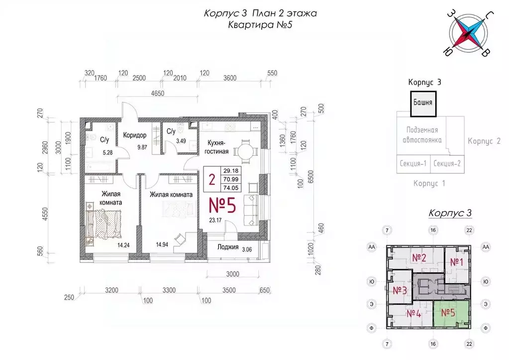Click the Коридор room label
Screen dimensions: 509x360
(135, 135)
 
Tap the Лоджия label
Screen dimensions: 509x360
(228, 247)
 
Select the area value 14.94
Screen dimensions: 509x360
(162, 244)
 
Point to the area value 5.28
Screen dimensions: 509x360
(107, 152)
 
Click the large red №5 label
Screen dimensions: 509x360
(222, 205)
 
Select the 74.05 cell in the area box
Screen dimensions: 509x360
(231, 188)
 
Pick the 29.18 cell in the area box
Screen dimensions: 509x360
(231, 171)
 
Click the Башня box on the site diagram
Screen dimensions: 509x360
(423, 104)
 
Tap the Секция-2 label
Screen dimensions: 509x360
(447, 163)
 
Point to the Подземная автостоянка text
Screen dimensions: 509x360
(422, 135)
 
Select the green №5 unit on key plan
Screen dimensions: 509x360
(451, 314)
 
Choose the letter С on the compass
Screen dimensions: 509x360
(490, 15)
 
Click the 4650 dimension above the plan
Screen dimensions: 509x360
(158, 93)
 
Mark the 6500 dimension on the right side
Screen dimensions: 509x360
(310, 177)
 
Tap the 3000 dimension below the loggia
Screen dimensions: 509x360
(232, 274)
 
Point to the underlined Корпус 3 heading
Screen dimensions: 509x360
(450, 213)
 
